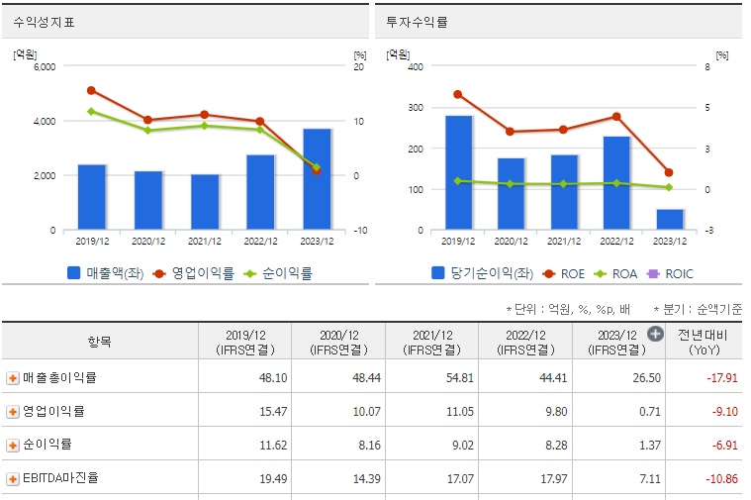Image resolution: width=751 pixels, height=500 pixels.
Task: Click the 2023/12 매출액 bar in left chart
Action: point(317,179)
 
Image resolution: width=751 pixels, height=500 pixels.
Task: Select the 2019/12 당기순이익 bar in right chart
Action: point(458,172)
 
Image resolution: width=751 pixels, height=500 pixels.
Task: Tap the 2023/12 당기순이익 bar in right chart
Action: point(670,219)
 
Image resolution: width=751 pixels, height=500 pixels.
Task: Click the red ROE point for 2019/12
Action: point(457,94)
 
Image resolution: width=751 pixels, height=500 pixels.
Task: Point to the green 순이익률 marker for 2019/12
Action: point(91,111)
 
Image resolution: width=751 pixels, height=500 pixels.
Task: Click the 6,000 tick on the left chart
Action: point(46,67)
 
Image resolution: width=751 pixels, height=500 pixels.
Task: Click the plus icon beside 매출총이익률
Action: point(13,377)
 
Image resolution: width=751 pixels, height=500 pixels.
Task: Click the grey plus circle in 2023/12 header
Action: point(654,335)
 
